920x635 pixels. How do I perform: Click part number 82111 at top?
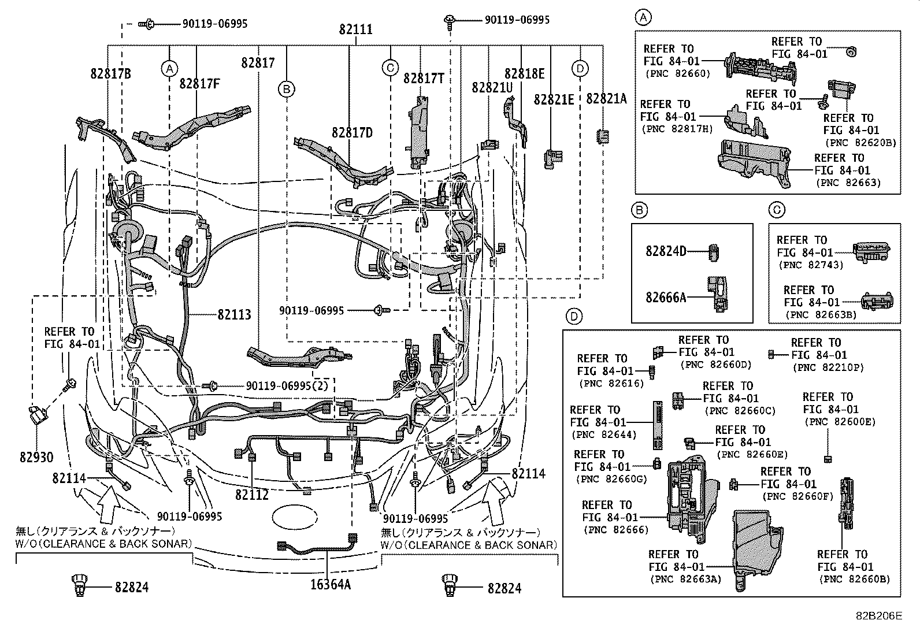(356, 29)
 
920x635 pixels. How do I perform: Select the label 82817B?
(110, 73)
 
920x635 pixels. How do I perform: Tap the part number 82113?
(234, 315)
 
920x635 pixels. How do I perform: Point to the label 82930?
(36, 458)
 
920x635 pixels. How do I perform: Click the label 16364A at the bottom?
(330, 584)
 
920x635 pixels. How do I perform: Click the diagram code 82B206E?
(879, 616)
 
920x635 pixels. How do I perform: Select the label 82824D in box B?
(666, 251)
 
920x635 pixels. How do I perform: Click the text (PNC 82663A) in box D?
(685, 579)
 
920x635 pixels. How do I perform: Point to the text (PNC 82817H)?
(677, 129)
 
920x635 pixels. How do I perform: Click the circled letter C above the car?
(390, 68)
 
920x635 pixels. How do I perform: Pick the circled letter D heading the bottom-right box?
(573, 316)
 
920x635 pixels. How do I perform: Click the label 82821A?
(606, 99)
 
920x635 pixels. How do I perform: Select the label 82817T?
(424, 79)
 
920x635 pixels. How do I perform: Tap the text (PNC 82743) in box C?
(810, 265)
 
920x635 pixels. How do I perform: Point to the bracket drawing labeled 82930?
(38, 414)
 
